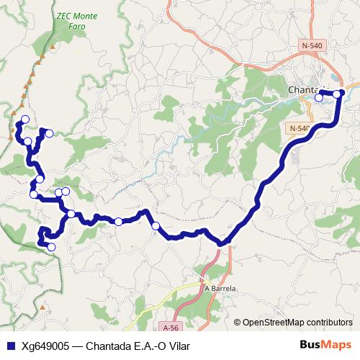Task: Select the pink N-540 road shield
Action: [312, 45]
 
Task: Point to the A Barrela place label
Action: [221, 288]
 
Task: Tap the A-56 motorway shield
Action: [170, 326]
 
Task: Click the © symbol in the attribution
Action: [237, 322]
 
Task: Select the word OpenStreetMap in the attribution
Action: [272, 322]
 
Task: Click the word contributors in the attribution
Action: [329, 322]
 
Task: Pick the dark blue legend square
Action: [9, 346]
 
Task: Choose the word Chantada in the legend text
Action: [108, 346]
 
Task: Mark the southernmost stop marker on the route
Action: [51, 247]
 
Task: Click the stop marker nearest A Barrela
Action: [156, 227]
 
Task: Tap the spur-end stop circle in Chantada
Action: [318, 97]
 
